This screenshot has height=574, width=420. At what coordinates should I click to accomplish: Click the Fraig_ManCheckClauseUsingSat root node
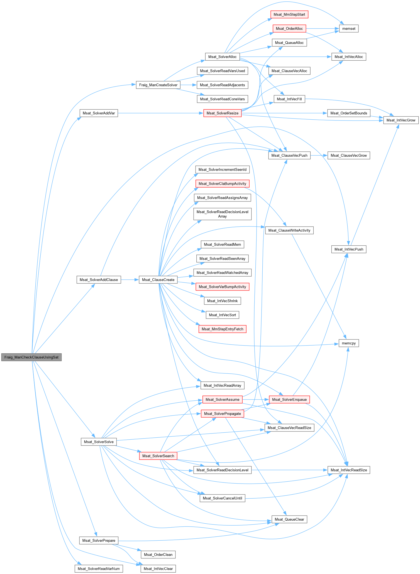(31, 357)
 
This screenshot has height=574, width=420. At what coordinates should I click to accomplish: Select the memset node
(349, 29)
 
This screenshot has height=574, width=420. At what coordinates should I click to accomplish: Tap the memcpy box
(349, 343)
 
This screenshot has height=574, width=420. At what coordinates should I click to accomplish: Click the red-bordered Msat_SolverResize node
(222, 113)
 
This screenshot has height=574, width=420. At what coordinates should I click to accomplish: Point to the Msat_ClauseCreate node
(158, 280)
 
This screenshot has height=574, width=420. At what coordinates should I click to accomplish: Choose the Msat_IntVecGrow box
(401, 120)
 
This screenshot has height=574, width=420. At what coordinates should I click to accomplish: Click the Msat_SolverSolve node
(99, 442)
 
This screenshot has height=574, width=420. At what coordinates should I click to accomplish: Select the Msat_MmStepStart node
(289, 14)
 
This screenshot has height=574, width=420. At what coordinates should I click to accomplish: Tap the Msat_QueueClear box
(289, 519)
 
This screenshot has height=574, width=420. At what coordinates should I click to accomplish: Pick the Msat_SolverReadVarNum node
(99, 569)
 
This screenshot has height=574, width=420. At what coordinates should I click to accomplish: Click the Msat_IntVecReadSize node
(349, 470)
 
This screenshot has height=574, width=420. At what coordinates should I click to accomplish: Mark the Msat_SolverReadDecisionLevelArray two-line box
(222, 214)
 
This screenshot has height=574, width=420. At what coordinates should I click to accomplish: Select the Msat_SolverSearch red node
(158, 456)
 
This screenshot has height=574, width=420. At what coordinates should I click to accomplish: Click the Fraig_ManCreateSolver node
(158, 85)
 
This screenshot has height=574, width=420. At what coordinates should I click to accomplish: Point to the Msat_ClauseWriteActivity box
(289, 230)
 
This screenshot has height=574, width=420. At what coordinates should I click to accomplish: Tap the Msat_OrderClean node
(158, 555)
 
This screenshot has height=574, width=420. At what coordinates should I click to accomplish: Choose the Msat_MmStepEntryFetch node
(222, 329)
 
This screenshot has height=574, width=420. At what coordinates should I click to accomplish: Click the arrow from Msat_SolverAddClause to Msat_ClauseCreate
(130, 280)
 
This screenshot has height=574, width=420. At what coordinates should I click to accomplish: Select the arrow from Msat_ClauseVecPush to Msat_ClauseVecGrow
(319, 156)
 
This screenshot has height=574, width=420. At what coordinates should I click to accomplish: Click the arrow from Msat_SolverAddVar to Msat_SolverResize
(160, 113)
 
